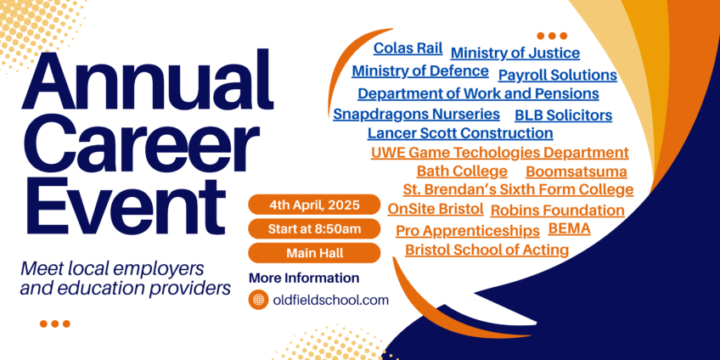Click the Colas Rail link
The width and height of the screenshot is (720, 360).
408,48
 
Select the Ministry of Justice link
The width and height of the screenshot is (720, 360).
515,53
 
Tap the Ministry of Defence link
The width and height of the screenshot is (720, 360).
420,71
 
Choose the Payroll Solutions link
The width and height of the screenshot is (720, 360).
558,75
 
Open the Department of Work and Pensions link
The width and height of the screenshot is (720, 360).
479,93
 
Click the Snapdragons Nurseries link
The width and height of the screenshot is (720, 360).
417,114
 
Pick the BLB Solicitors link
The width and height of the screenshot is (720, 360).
564,115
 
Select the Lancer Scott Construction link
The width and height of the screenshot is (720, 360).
460,133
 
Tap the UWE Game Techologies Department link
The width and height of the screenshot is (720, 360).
499,153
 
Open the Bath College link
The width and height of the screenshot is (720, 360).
462,172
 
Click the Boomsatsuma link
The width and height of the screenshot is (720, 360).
577,172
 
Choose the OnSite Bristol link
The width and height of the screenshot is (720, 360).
436,209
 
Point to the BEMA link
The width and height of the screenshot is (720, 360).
570,228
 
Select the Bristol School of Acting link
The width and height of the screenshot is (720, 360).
487,250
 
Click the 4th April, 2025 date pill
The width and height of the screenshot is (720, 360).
314,205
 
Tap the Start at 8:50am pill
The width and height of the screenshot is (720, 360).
314,229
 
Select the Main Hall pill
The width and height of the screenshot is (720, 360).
314,253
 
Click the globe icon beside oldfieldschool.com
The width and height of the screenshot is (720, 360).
258,300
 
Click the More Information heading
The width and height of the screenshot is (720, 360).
304,278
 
